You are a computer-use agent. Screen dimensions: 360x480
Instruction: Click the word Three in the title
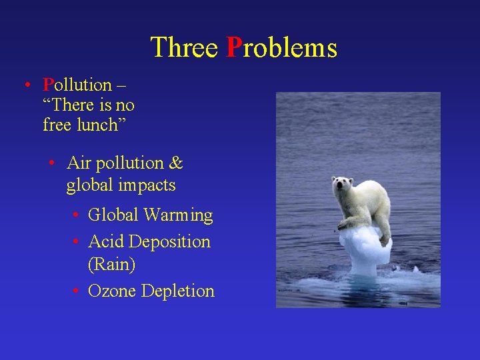pos(184,48)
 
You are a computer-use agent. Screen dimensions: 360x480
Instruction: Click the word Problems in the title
pos(282,48)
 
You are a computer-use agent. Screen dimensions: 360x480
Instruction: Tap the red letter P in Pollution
pos(48,85)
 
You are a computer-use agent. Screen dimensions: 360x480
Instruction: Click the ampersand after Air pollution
pos(176,163)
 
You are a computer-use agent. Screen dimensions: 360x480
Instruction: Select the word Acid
pos(106,241)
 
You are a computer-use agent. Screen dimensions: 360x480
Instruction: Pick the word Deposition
pos(170,241)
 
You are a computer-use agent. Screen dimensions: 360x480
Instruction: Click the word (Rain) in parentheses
pos(111,265)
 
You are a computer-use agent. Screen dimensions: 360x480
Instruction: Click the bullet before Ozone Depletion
pos(77,291)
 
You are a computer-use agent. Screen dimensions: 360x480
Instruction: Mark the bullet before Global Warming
pos(77,215)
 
